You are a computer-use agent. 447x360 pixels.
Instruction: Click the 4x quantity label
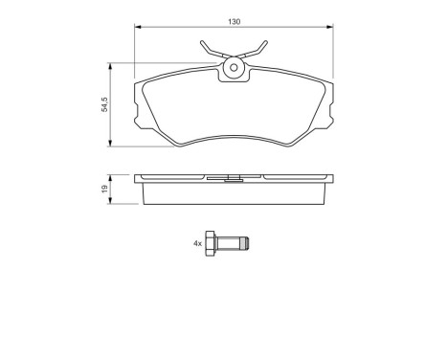pos(198,244)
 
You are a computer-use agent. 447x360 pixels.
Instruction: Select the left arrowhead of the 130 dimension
pos(138,26)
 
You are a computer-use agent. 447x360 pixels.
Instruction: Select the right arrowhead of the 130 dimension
pos(332,26)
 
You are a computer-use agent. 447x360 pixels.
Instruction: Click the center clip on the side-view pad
pos(234,176)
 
